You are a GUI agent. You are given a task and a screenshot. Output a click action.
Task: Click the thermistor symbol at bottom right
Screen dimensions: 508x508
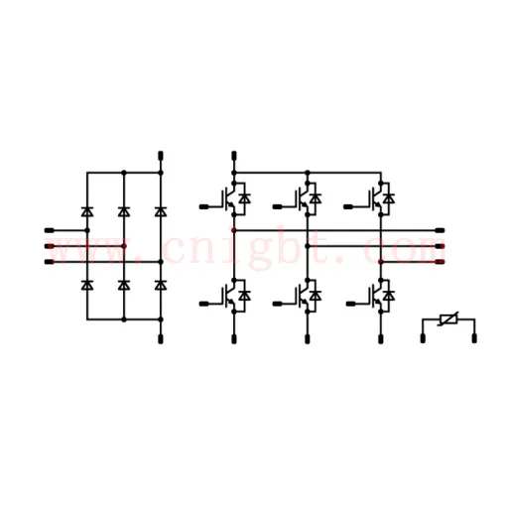[448, 319]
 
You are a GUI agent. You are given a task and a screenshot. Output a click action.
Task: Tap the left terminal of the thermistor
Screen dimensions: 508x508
[423, 338]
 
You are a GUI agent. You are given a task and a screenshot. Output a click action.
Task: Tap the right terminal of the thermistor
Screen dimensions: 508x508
[474, 338]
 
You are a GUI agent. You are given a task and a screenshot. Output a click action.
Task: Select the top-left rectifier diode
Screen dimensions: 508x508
[87, 211]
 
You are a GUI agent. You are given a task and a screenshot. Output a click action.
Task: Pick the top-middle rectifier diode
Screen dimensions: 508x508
[124, 211]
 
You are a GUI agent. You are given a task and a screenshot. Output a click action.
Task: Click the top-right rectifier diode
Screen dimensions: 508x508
[161, 211]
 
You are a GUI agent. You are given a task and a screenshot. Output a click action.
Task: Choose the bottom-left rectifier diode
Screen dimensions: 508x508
[87, 285]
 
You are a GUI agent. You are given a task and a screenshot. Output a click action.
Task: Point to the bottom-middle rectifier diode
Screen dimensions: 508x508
[124, 285]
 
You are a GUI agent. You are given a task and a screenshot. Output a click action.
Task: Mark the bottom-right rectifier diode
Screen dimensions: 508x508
[161, 285]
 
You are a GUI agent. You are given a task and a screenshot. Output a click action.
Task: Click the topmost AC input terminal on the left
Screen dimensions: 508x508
[50, 230]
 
